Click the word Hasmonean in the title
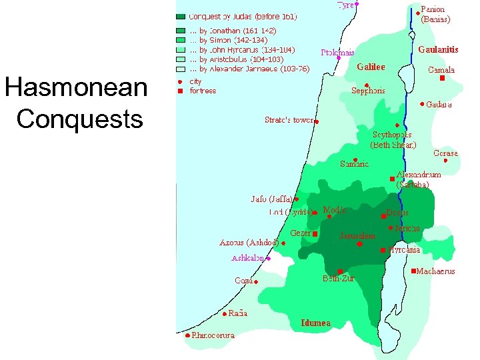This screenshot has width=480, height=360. click(75, 87)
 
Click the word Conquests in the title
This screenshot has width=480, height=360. click(79, 119)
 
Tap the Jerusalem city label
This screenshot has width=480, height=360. click(357, 236)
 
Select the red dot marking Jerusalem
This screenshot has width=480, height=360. click(359, 245)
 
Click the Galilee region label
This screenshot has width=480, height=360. click(371, 67)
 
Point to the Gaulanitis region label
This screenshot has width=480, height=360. click(438, 49)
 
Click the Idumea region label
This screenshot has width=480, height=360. click(315, 323)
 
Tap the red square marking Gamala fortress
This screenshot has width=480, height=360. click(442, 78)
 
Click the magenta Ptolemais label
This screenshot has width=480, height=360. click(337, 52)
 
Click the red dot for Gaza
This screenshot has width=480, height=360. click(255, 282)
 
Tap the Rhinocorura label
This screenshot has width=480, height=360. click(213, 335)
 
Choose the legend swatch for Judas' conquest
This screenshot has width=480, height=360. click(181, 16)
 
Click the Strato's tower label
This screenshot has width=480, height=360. click(289, 121)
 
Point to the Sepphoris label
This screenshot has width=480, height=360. click(368, 91)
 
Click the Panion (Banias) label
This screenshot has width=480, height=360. click(435, 15)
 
